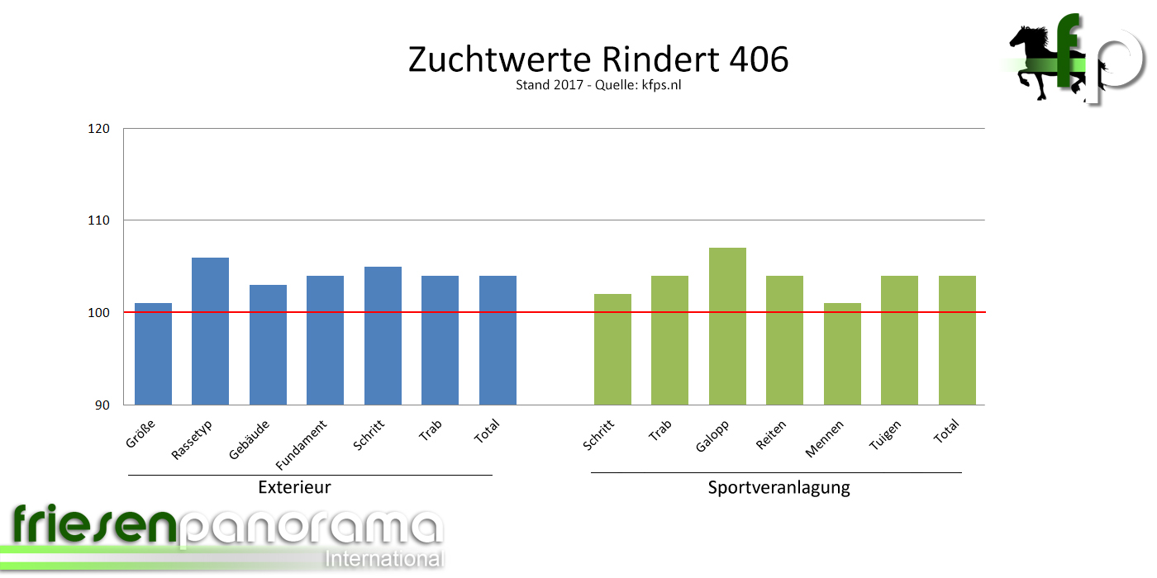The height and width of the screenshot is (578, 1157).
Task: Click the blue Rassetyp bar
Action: click(210, 330)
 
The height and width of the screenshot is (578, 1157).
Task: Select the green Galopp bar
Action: click(727, 326)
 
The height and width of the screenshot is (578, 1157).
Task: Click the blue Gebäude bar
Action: click(268, 344)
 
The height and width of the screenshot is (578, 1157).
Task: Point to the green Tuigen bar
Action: click(899, 340)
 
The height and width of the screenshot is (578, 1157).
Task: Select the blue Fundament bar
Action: click(325, 340)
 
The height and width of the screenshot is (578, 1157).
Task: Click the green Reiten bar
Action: click(784, 340)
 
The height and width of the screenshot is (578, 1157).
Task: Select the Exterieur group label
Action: click(294, 487)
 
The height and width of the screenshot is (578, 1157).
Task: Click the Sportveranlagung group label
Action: click(778, 487)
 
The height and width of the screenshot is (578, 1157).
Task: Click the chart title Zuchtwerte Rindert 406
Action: click(598, 59)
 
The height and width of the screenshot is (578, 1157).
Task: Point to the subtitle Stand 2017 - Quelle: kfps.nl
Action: click(598, 85)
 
